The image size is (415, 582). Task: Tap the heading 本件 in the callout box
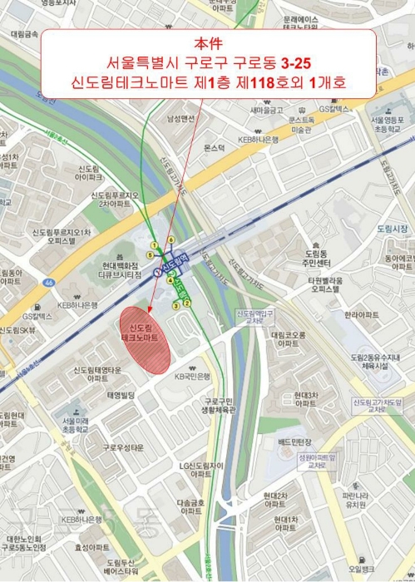point(208,43)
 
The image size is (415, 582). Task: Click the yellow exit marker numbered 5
point(151,254)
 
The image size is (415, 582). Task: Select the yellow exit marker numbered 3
point(176,306)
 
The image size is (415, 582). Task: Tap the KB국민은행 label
point(193,377)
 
